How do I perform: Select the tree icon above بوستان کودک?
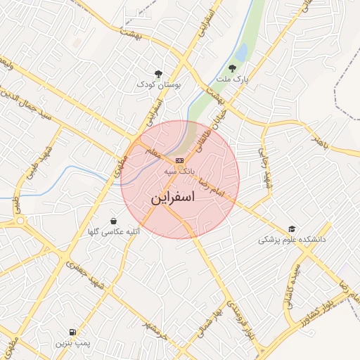tap(158, 73)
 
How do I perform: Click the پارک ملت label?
tap(233, 79)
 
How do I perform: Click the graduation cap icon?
tap(292, 229)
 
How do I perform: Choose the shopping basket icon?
tap(114, 220)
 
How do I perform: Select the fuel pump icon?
tap(72, 332)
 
